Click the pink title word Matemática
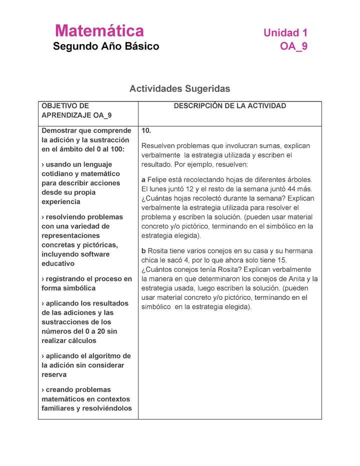(x=99, y=31)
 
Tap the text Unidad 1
(x=285, y=33)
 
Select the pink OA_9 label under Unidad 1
(x=294, y=46)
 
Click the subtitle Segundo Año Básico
(x=106, y=46)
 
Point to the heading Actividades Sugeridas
(x=179, y=88)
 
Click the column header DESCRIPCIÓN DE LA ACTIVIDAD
(x=229, y=106)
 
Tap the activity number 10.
(x=146, y=130)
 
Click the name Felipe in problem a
(x=157, y=179)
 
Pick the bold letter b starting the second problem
(x=143, y=251)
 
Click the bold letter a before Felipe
(x=143, y=179)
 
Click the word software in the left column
(x=112, y=254)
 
